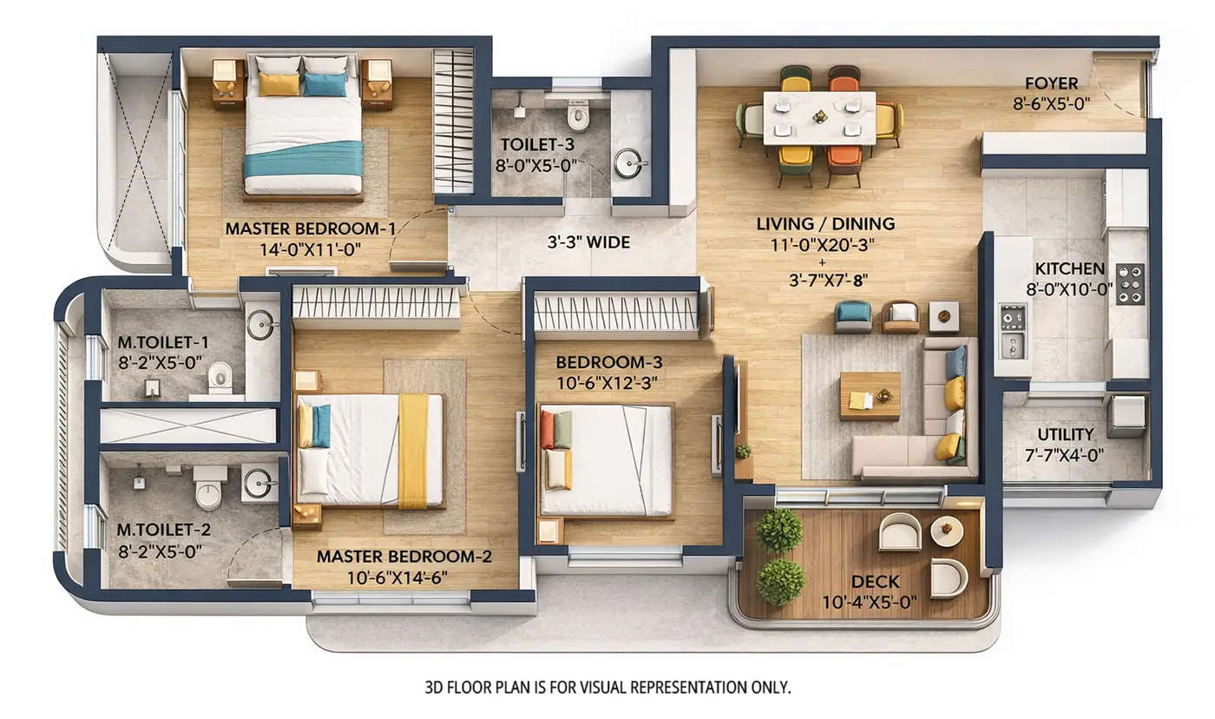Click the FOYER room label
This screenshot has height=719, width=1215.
1051,84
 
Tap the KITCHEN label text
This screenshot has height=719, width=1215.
1069,269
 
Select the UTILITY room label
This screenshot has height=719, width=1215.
1065,434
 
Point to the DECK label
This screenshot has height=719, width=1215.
875,582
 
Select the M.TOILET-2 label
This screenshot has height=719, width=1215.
163,530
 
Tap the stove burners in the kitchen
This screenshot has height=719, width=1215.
1129,284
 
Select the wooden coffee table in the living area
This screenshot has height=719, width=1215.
870,396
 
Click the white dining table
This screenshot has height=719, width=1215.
819,117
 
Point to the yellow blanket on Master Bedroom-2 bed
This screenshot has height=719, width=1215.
413,450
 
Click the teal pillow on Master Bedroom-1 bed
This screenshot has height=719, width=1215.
325,84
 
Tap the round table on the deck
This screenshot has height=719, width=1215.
946,531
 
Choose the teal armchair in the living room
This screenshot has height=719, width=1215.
853,316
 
